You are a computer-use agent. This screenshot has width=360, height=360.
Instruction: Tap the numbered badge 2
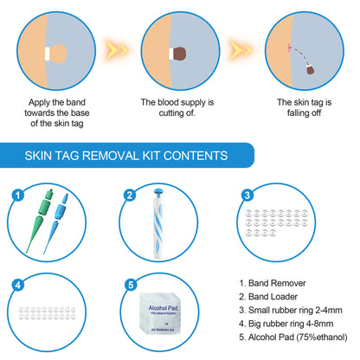tap(130, 194)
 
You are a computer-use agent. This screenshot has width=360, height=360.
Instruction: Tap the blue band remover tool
tap(56, 223)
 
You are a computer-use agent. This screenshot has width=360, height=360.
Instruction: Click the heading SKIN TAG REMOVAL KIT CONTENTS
tap(126, 156)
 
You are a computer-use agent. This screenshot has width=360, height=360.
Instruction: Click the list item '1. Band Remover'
tap(275, 281)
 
